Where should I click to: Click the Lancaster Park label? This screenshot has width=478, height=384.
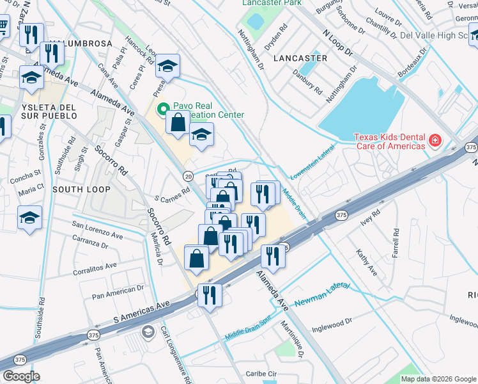click(272, 3)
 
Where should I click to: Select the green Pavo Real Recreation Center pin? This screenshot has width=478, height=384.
click(163, 108)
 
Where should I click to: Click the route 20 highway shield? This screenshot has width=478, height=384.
click(188, 176)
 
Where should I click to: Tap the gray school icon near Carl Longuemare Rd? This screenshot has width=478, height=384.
click(148, 332)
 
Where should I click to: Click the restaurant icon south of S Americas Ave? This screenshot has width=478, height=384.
click(210, 295)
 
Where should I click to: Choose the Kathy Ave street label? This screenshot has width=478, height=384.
click(367, 263)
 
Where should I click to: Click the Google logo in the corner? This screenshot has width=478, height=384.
click(22, 376)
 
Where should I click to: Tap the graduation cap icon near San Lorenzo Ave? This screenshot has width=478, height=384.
click(30, 217)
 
